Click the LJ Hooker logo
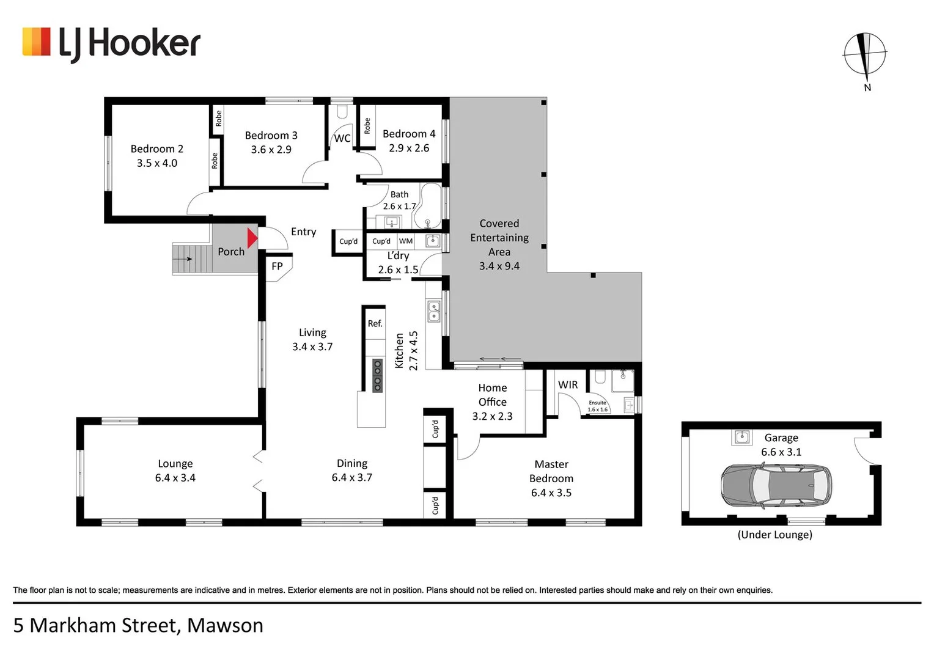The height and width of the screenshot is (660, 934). pyautogui.click(x=111, y=43)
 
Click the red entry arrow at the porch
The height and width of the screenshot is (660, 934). pyautogui.click(x=252, y=238)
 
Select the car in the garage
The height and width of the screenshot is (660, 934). pyautogui.click(x=776, y=486)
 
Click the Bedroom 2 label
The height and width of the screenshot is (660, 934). pyautogui.click(x=156, y=149)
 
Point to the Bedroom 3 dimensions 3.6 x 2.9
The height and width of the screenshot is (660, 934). pyautogui.click(x=271, y=150)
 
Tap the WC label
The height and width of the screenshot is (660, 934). pyautogui.click(x=342, y=139)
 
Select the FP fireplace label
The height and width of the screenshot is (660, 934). pyautogui.click(x=277, y=266)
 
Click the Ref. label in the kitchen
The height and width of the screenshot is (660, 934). pyautogui.click(x=375, y=324)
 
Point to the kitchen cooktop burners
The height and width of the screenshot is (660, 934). pyautogui.click(x=377, y=375)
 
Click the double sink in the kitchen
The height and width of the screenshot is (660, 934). pyautogui.click(x=433, y=311)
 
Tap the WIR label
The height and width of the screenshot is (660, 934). pyautogui.click(x=567, y=385)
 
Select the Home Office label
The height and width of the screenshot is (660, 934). pyautogui.click(x=492, y=395)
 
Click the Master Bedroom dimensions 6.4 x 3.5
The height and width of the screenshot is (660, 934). pyautogui.click(x=551, y=493)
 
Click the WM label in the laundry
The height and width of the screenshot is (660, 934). pyautogui.click(x=406, y=241)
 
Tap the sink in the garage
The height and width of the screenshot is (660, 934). pyautogui.click(x=741, y=437)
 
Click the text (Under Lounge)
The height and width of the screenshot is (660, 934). pyautogui.click(x=774, y=535)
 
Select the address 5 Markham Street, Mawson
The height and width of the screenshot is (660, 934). pyautogui.click(x=138, y=626)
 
